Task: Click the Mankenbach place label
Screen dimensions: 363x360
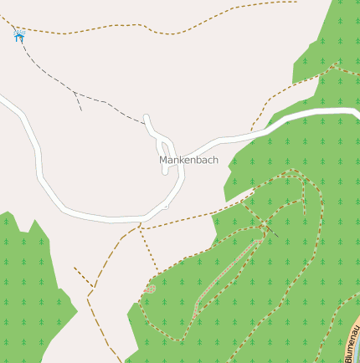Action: tap(188, 160)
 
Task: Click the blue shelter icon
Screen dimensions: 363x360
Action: tap(19, 35)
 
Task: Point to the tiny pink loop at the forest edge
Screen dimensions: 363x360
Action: tap(151, 289)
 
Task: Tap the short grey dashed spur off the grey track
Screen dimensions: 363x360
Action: tap(78, 101)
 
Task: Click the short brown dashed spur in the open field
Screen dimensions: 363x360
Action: tap(82, 276)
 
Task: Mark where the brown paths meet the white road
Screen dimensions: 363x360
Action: tap(140, 225)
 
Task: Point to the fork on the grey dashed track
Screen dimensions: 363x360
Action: tap(74, 92)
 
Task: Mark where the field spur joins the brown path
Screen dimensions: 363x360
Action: tap(91, 287)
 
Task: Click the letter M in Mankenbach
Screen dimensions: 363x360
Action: tap(163, 160)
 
